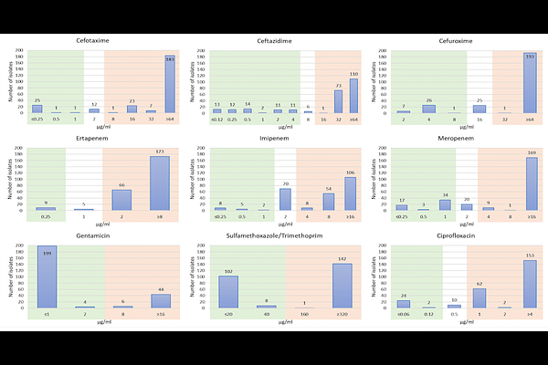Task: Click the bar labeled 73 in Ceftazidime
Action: click(x=338, y=101)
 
